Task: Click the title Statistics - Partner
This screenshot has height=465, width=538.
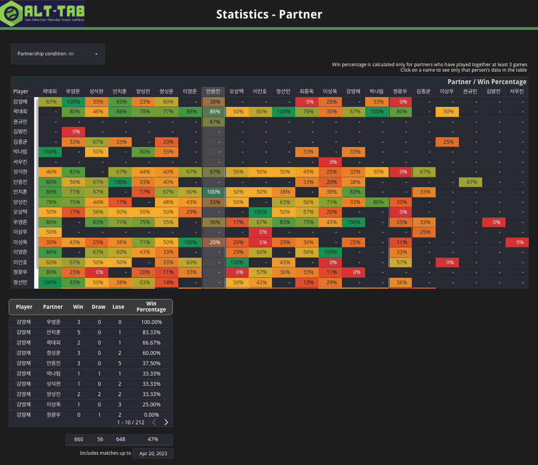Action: [x=269, y=14]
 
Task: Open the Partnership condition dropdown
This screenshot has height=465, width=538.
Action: [x=57, y=54]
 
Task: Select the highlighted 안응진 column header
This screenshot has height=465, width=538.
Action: [x=213, y=91]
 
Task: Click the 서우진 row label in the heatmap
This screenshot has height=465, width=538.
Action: [x=21, y=162]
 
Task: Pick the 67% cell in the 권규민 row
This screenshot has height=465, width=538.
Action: [x=213, y=122]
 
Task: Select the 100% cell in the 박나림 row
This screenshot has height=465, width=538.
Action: [x=48, y=151]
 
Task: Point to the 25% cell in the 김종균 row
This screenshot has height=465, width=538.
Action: [x=446, y=142]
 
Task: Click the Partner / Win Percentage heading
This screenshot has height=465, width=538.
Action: [x=487, y=81]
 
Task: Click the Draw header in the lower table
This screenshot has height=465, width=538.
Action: [x=99, y=307]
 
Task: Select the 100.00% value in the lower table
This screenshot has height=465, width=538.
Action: [x=151, y=322]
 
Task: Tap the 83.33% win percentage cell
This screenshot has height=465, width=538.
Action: [x=151, y=332]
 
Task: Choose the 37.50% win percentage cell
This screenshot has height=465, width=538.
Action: [x=151, y=363]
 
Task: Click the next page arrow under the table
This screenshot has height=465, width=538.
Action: [x=166, y=422]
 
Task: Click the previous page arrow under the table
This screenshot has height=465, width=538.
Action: [x=153, y=422]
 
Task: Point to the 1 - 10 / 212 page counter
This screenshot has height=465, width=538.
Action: [x=131, y=422]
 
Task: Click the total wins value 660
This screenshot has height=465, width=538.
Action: [x=79, y=439]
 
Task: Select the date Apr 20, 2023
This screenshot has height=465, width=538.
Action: [x=154, y=453]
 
